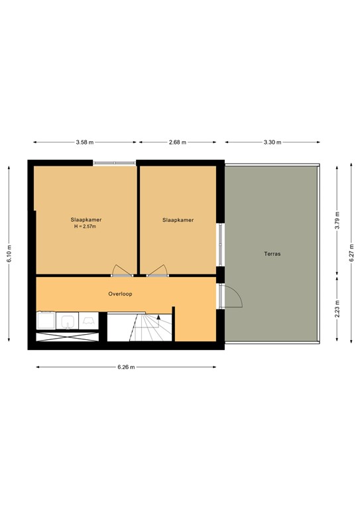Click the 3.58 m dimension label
click(84, 142)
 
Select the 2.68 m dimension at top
click(178, 142)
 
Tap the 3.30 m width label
click(272, 142)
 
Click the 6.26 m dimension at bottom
click(126, 367)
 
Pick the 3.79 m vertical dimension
click(337, 219)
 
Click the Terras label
click(272, 253)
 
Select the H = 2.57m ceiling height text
click(86, 227)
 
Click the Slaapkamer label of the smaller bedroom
click(178, 220)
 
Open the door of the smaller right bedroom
click(156, 270)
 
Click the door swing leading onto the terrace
click(232, 298)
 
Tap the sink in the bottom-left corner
click(68, 321)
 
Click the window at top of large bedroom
click(113, 162)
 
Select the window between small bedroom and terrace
click(220, 245)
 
